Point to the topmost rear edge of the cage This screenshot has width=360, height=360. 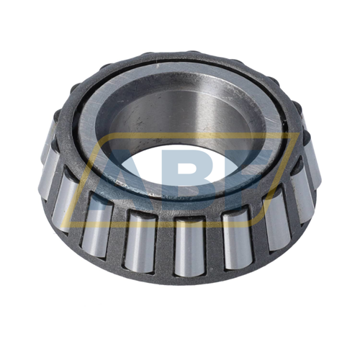click(180, 55)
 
